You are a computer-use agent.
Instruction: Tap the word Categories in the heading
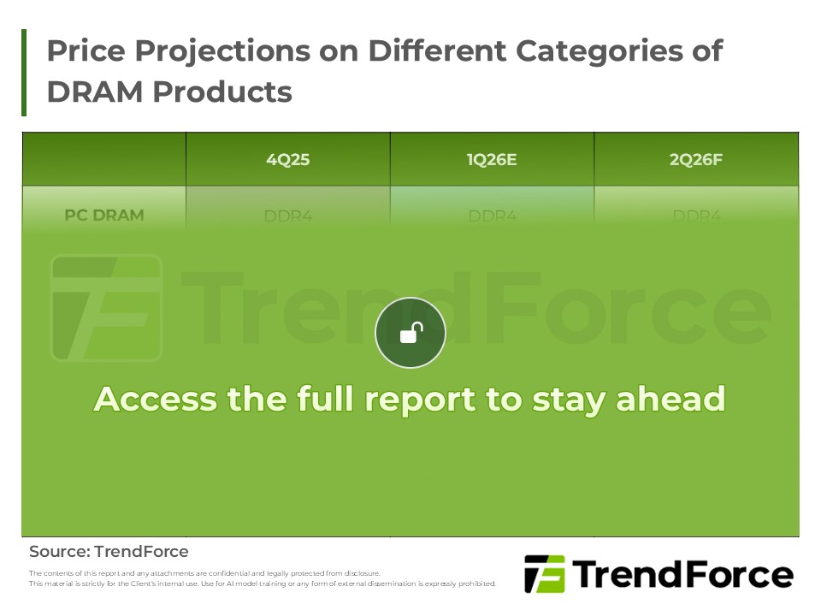click(600, 51)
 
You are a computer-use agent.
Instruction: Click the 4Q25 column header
click(287, 159)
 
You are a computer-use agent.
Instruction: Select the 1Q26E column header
click(492, 159)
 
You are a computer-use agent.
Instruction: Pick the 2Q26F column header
click(696, 159)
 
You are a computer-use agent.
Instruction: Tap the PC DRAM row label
click(103, 216)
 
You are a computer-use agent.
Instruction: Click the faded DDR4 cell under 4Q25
click(288, 216)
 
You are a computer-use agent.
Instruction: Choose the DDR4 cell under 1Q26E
click(493, 216)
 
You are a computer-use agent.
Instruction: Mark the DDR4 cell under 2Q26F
click(697, 216)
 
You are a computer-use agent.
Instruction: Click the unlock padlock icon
click(410, 333)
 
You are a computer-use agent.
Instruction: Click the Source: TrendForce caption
click(109, 552)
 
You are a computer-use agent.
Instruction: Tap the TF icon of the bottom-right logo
click(545, 574)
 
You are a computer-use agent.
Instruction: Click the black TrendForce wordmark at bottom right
click(682, 574)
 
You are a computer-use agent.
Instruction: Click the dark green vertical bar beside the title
click(24, 73)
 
